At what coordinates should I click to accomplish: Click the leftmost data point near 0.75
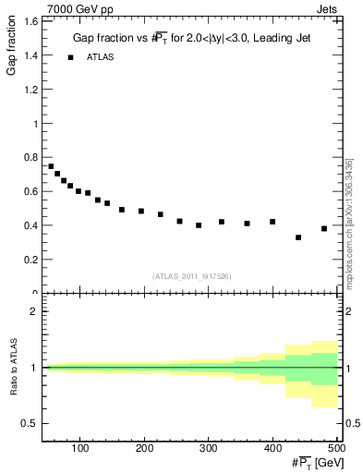(x=51, y=166)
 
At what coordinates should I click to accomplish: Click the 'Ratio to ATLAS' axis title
(x=13, y=368)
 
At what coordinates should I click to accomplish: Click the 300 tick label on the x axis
(x=209, y=448)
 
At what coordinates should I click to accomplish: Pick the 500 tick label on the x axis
(x=336, y=448)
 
